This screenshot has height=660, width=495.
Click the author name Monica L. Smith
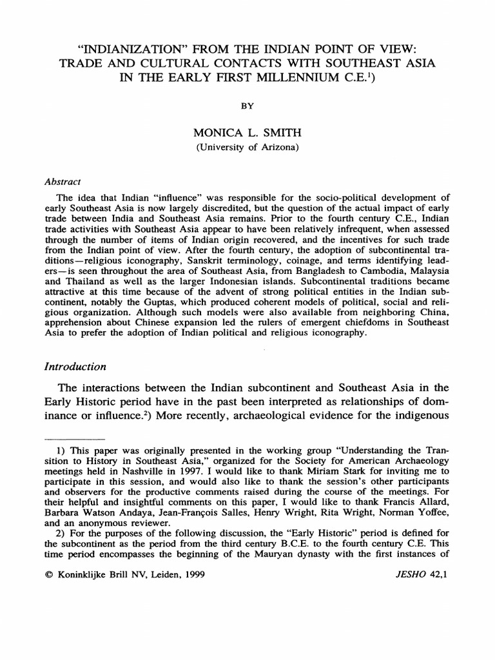(x=247, y=133)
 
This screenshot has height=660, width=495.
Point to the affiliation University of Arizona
(x=247, y=148)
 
